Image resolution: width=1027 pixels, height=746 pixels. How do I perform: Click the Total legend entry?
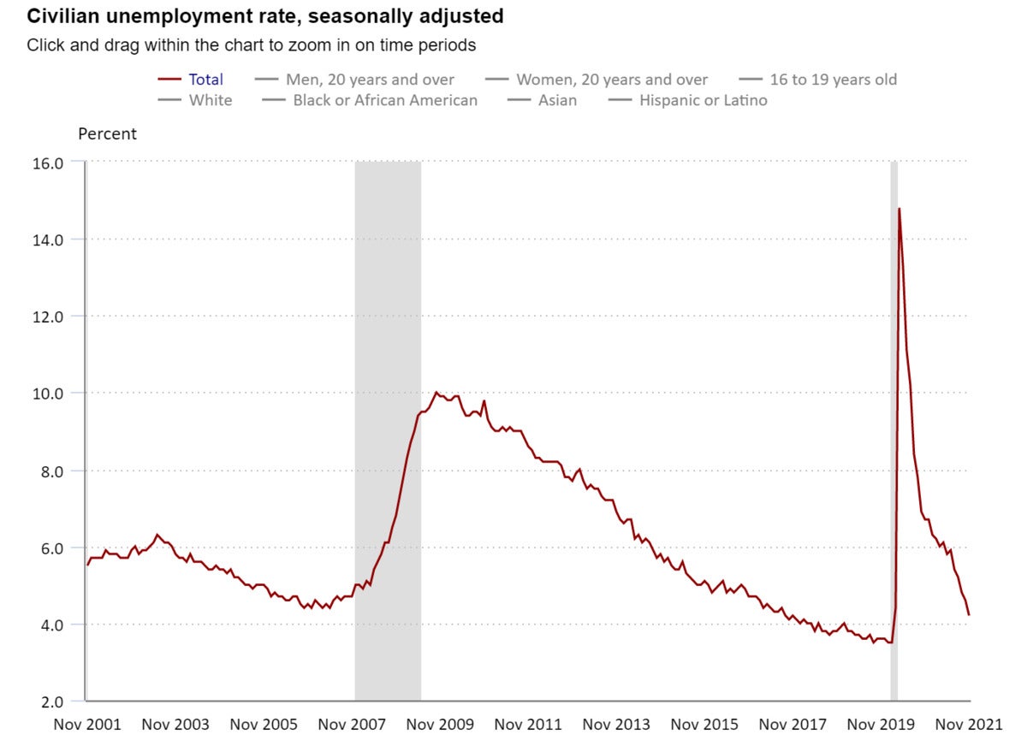point(190,80)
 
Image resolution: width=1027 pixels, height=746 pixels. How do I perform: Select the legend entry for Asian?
point(543,100)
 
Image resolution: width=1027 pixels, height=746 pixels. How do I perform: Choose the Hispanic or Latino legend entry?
point(688,100)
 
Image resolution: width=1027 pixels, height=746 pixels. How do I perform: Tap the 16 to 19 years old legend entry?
point(818,80)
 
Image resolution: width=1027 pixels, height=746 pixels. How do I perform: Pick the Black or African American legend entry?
point(370,100)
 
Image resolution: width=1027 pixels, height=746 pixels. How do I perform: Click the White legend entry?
point(195,100)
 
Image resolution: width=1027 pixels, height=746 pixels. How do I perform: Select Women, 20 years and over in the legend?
point(597,80)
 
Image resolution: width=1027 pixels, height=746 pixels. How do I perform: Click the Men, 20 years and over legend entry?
point(354,80)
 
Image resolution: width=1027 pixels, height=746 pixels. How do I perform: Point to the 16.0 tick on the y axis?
point(48,163)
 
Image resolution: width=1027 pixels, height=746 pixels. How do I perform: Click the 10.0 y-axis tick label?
point(48,394)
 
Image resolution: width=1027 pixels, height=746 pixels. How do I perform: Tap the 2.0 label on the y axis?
point(52,702)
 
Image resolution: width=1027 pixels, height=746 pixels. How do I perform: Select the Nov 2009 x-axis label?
point(440,725)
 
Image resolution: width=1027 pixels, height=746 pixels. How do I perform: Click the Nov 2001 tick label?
point(87,725)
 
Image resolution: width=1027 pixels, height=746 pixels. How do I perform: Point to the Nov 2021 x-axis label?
point(969,725)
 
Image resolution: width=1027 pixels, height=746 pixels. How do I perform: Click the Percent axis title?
point(107,133)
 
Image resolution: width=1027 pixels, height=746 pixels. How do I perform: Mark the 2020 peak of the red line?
point(899,209)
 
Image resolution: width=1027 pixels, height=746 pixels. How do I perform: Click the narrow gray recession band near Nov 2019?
point(894,430)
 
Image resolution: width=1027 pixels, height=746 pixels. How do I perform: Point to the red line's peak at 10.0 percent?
point(436,392)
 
